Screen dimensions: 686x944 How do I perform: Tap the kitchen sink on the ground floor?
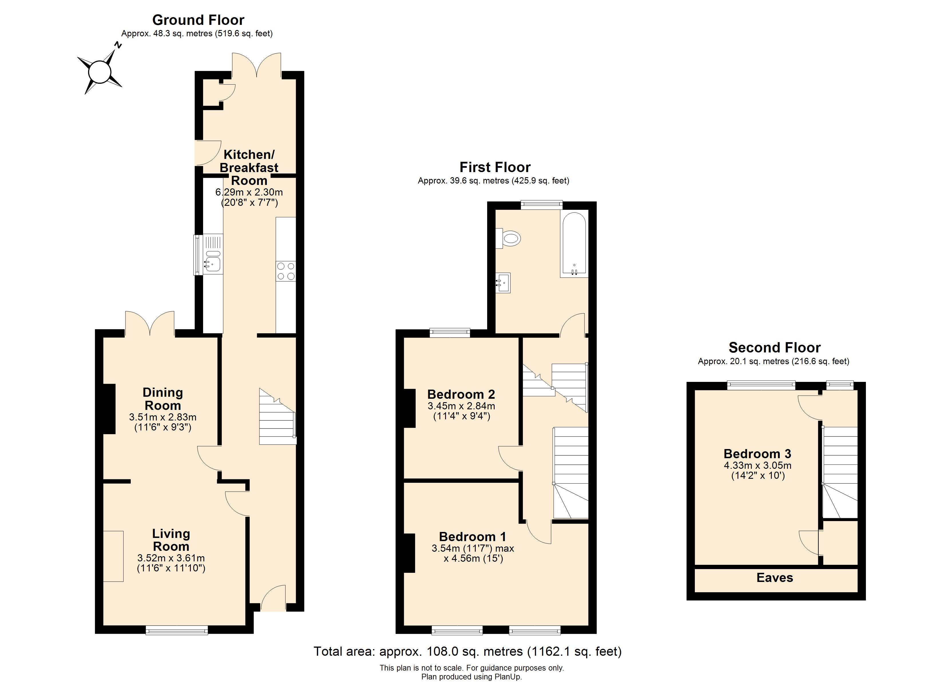[213, 263]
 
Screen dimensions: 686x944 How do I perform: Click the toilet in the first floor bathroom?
[509, 238]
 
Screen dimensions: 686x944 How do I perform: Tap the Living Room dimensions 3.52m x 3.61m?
[171, 558]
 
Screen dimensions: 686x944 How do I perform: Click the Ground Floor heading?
[198, 20]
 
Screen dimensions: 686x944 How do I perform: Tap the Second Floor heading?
[774, 347]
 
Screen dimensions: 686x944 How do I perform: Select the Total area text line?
[467, 651]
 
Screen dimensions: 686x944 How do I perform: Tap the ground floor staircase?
[277, 418]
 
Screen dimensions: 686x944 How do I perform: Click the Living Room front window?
[176, 631]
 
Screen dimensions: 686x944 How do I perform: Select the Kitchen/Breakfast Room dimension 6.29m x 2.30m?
[249, 192]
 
